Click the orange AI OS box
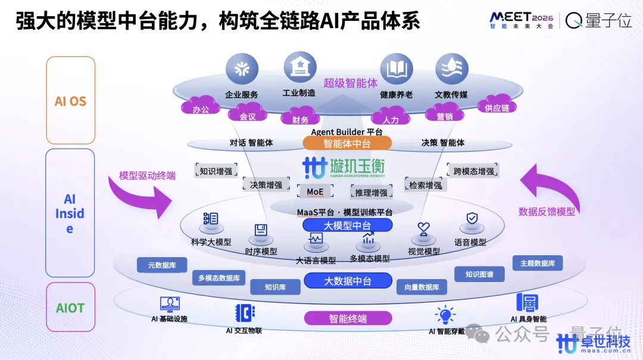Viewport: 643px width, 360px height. pos(70,101)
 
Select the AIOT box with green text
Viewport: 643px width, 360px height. pos(70,308)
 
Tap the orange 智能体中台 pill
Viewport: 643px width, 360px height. pos(347,143)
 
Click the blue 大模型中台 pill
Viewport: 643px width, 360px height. pos(347,226)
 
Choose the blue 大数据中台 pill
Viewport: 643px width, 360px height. pos(348,281)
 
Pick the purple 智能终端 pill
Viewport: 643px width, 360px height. pos(348,318)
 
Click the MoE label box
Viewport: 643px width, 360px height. pos(315,192)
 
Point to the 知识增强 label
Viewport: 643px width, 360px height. pos(216,171)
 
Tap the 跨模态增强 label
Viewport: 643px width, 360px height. pos(473,171)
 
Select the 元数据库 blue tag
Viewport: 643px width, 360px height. pos(162,265)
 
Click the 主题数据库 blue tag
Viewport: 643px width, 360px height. pos(537,263)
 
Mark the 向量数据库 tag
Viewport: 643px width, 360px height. pos(422,287)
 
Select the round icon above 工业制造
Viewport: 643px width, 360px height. pos(299,68)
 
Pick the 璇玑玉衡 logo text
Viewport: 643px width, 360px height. pos(356,166)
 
